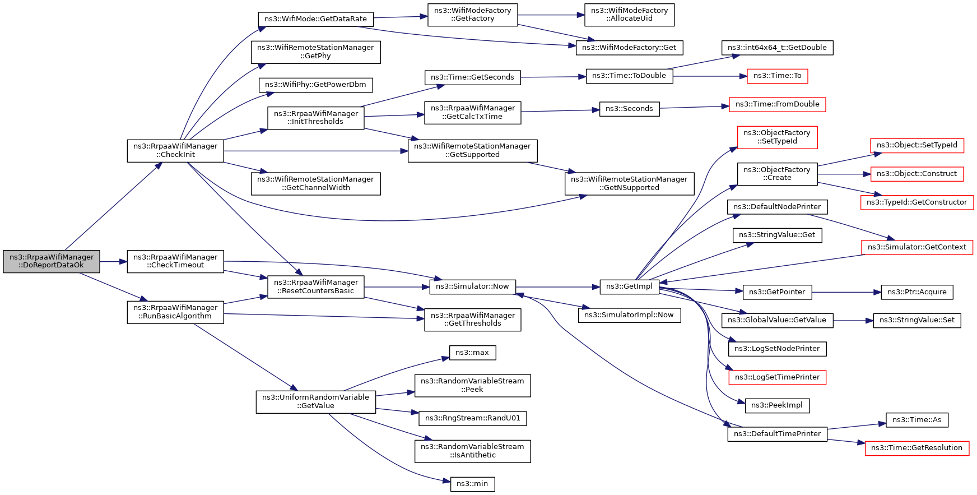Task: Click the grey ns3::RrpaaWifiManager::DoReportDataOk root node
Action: click(52, 261)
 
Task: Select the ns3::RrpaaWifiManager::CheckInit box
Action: click(175, 151)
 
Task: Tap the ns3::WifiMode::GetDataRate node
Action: click(315, 19)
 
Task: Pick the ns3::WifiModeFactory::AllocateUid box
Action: click(629, 15)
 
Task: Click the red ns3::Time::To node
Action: click(777, 76)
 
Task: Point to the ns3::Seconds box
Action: click(629, 109)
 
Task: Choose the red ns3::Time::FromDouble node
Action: click(777, 104)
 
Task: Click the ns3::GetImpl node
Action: click(629, 286)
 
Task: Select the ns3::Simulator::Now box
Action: click(472, 286)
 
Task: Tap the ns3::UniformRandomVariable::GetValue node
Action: click(316, 401)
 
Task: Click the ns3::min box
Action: click(472, 484)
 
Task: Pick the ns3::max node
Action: click(472, 353)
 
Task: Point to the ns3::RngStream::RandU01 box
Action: click(472, 418)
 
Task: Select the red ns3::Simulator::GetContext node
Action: click(917, 247)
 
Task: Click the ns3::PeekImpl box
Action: click(777, 405)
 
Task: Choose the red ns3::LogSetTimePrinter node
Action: click(777, 377)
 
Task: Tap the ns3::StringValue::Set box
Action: click(917, 320)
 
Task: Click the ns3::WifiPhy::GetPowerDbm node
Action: click(315, 85)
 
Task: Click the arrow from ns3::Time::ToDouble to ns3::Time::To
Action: click(710, 76)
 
